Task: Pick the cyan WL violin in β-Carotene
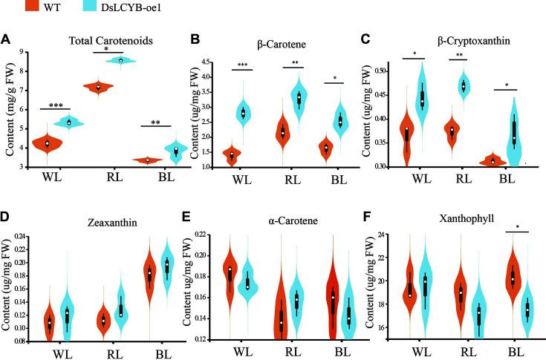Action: [242, 113]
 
